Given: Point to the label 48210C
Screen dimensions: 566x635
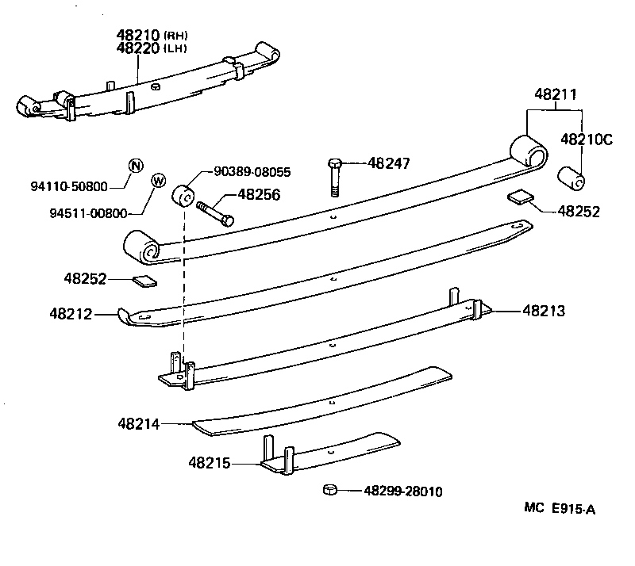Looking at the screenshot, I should click(587, 140).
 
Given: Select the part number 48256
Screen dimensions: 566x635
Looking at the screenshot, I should click(261, 193).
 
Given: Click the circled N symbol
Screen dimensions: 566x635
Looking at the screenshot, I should click(136, 165).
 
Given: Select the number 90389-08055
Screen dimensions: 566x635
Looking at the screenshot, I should click(252, 170).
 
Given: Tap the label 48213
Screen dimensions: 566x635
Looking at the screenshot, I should click(544, 312).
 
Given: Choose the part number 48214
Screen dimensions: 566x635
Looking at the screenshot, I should click(139, 424).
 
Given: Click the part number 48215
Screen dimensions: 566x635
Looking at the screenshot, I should click(210, 461).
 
